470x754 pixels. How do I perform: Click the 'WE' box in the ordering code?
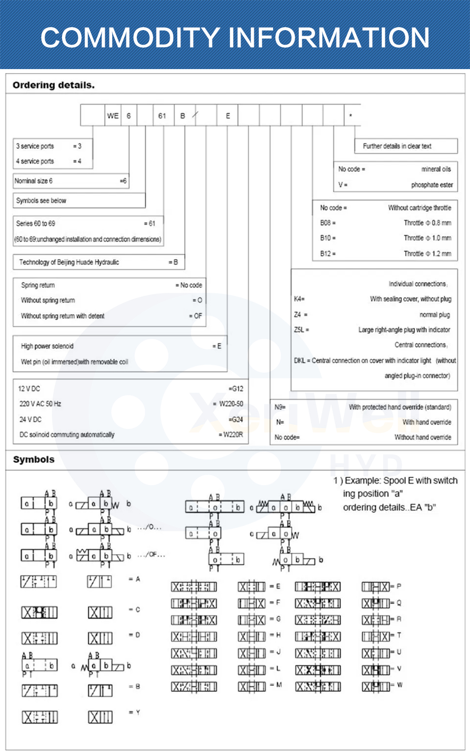pyautogui.click(x=113, y=116)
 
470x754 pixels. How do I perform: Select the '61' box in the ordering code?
pyautogui.click(x=162, y=116)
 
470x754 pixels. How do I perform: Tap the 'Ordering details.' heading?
pyautogui.click(x=54, y=85)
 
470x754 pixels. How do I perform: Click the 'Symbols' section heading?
pyautogui.click(x=34, y=459)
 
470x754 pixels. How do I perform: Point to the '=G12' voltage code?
pyautogui.click(x=236, y=389)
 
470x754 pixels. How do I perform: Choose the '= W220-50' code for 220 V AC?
pyautogui.click(x=228, y=404)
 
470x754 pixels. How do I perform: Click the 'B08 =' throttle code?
pyautogui.click(x=328, y=223)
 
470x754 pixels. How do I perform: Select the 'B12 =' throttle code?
pyautogui.click(x=328, y=253)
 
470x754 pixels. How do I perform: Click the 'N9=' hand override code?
pyautogui.click(x=280, y=407)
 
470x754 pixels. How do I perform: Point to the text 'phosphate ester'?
pyautogui.click(x=432, y=185)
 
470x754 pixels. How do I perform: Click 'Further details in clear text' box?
pyautogui.click(x=397, y=146)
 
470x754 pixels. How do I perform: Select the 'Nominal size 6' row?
pyautogui.click(x=34, y=181)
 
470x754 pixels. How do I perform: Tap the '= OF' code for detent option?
pyautogui.click(x=196, y=316)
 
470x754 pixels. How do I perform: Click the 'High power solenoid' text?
pyautogui.click(x=47, y=346)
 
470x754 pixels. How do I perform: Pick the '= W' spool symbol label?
pyautogui.click(x=397, y=685)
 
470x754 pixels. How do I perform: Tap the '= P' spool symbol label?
pyautogui.click(x=396, y=586)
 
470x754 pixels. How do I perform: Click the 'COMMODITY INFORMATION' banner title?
pyautogui.click(x=235, y=38)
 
